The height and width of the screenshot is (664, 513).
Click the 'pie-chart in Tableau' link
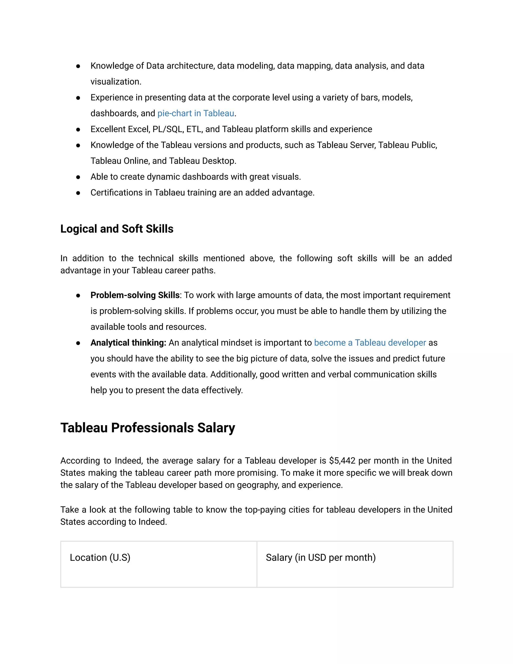(x=196, y=114)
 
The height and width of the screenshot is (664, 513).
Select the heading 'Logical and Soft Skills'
(x=117, y=229)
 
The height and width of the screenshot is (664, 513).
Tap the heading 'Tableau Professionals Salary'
(x=148, y=428)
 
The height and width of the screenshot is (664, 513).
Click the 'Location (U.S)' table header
(x=100, y=557)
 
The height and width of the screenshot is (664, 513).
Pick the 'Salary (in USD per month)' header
(x=321, y=557)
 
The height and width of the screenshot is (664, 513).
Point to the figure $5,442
(x=342, y=461)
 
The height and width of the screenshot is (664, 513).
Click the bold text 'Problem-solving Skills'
(x=135, y=295)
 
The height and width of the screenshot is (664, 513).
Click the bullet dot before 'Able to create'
(x=78, y=177)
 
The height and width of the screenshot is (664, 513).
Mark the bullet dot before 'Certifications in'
(x=78, y=193)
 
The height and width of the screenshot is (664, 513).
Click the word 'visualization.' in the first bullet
(x=116, y=82)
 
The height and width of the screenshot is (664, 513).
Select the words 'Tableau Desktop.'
(x=202, y=161)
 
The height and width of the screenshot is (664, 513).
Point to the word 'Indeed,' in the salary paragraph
(x=129, y=461)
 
